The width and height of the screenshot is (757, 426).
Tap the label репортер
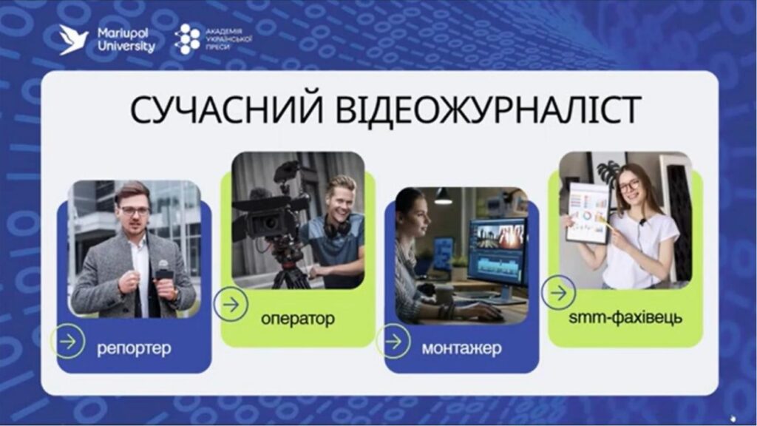(134, 346)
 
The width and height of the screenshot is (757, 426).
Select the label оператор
(297, 319)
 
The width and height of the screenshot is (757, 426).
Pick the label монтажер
(461, 346)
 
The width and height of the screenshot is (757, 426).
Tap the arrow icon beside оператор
(231, 304)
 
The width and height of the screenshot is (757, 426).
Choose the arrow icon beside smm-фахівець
(559, 293)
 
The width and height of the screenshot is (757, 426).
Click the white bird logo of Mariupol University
(74, 39)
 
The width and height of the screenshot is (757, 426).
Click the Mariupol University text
(126, 40)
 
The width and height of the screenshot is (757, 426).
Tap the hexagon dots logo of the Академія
(186, 39)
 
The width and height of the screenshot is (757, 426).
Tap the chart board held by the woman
(588, 212)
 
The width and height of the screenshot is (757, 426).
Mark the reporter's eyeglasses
(135, 211)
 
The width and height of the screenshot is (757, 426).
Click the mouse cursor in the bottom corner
(731, 416)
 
